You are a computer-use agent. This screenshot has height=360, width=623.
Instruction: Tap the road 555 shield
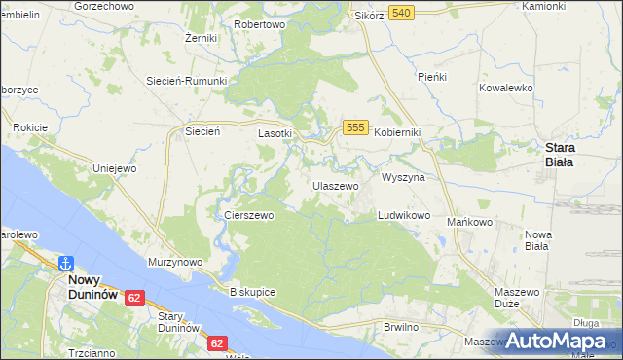point(354,127)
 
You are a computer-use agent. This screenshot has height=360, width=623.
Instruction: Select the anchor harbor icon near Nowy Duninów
point(66,263)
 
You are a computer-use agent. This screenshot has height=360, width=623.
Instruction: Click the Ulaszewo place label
point(335,185)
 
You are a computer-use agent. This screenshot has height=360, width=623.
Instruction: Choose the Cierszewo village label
point(249,215)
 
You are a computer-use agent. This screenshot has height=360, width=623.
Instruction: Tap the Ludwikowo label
point(404,215)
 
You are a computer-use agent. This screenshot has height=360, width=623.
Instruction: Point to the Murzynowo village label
point(174,262)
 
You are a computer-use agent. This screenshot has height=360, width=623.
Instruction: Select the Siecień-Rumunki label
point(186,81)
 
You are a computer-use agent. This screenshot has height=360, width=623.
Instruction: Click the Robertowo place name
point(260,23)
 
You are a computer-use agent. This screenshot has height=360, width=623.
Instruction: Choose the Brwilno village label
point(400,327)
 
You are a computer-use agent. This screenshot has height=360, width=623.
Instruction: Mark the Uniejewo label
point(113,168)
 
